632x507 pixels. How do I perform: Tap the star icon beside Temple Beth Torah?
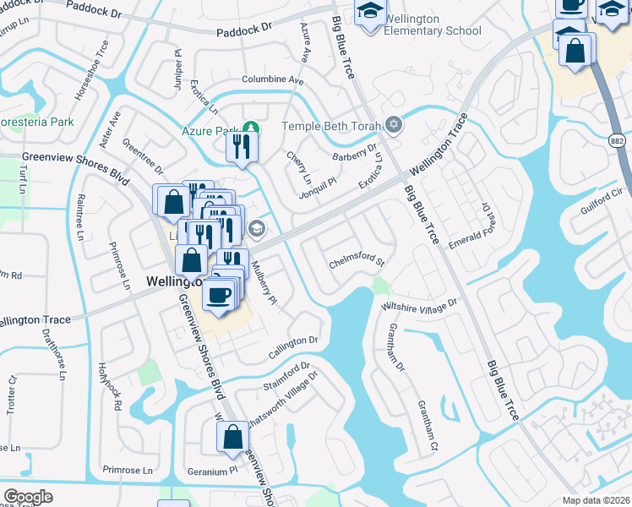[393, 126]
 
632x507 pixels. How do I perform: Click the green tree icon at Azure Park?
[250, 130]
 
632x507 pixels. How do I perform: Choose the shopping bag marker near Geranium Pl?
[232, 438]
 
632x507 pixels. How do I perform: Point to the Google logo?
[27, 496]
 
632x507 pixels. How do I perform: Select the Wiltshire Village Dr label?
[420, 302]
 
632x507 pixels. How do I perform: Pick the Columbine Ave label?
[272, 79]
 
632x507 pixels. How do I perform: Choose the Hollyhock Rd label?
[109, 386]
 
